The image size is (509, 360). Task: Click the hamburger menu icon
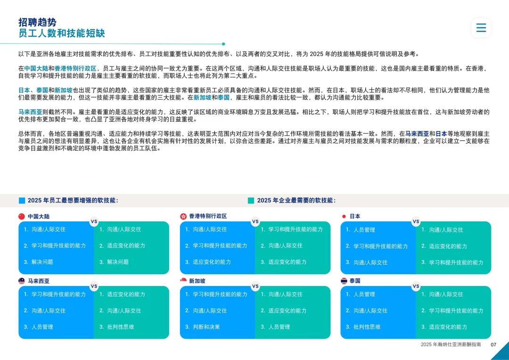(481, 28)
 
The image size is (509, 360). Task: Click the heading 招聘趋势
(37, 22)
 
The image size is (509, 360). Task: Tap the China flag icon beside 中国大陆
(22, 217)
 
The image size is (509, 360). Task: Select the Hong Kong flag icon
(183, 216)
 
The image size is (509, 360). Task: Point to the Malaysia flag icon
(22, 281)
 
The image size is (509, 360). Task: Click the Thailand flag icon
(344, 281)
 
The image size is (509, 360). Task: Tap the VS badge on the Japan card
(416, 222)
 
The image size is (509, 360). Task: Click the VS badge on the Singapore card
(255, 286)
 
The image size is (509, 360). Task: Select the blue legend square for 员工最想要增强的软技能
(22, 201)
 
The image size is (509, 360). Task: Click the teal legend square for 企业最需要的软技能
(251, 201)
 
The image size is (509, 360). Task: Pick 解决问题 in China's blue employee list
(42, 262)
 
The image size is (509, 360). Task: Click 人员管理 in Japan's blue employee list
(364, 230)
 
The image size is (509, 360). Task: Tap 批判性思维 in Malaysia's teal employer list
(121, 327)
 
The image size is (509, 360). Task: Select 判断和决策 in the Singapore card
(206, 327)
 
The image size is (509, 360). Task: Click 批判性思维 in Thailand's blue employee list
(367, 327)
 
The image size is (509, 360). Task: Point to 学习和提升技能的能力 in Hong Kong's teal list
(296, 229)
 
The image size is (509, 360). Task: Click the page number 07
(493, 344)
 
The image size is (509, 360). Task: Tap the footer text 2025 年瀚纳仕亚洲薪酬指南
(451, 344)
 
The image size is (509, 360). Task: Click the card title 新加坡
(197, 281)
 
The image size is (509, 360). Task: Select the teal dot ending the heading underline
(223, 44)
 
